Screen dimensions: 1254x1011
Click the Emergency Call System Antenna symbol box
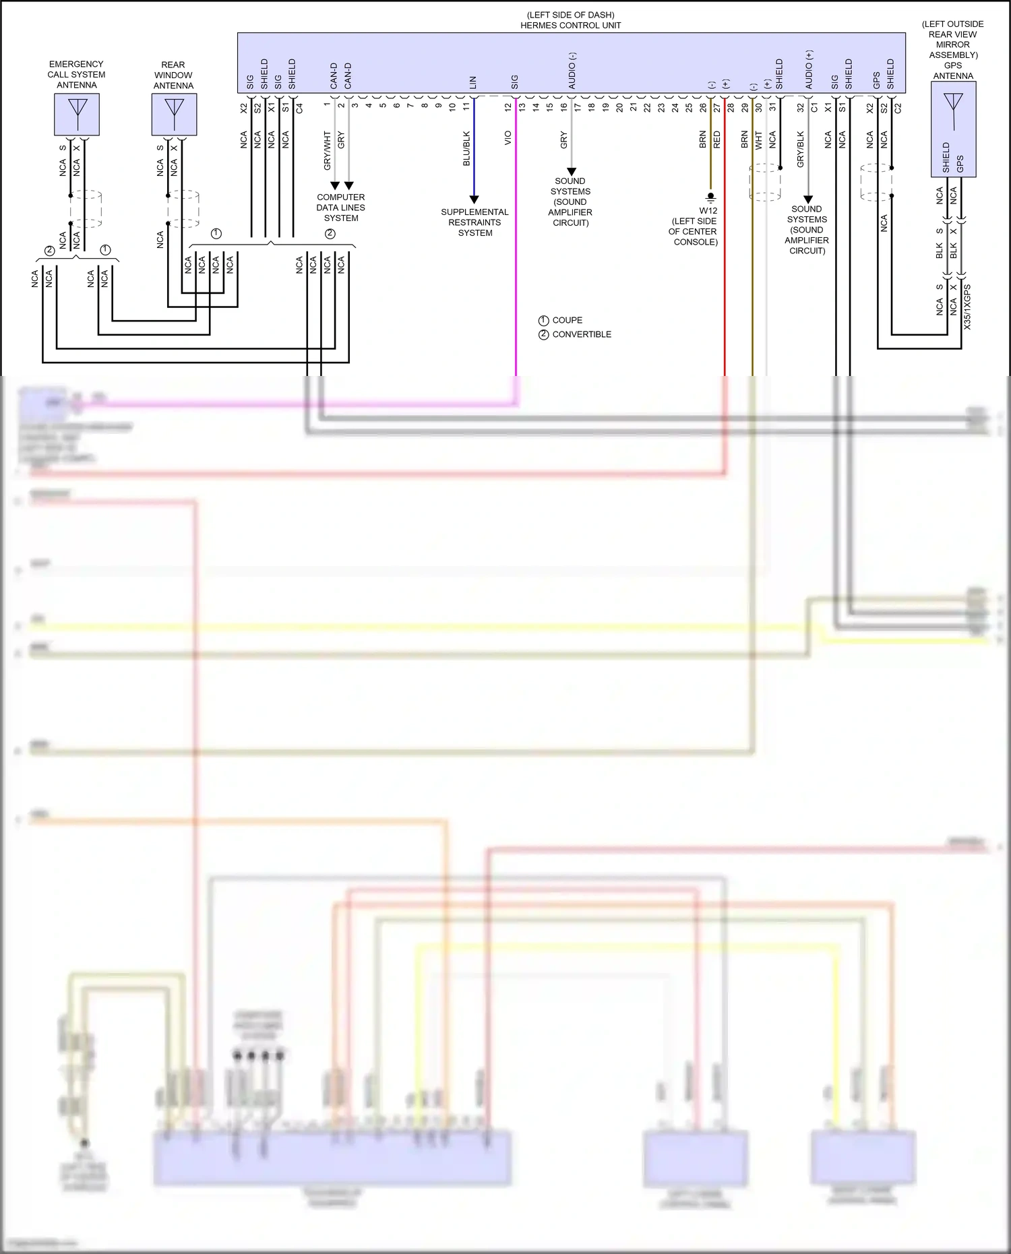(x=77, y=115)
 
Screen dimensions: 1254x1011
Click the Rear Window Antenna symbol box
(x=174, y=115)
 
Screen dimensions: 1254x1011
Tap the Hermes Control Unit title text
(x=570, y=25)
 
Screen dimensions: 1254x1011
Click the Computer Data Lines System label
(x=341, y=208)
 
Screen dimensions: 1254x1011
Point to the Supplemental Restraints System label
(x=474, y=222)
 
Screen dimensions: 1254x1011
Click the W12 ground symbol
(x=710, y=197)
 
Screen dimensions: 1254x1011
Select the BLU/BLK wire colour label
(x=466, y=149)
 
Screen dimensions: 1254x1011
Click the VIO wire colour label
(x=508, y=138)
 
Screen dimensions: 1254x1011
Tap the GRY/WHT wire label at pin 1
(x=328, y=150)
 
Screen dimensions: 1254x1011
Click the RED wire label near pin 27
(x=716, y=139)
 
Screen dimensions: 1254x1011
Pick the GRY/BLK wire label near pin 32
(x=800, y=149)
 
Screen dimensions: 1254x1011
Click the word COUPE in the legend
(x=567, y=320)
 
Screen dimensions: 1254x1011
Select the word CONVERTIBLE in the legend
(x=582, y=334)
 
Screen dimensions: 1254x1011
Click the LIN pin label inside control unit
(x=473, y=82)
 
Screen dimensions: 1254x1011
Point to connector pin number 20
(x=619, y=107)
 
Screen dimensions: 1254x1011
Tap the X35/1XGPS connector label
(x=967, y=307)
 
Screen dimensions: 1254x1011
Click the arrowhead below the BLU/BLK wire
(x=474, y=199)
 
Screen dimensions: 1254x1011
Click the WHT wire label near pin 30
(x=758, y=140)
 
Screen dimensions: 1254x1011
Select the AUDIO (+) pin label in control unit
(x=809, y=69)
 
